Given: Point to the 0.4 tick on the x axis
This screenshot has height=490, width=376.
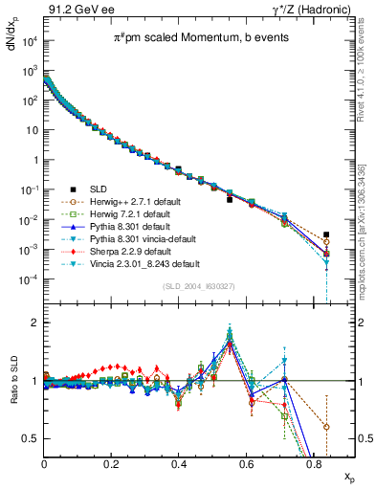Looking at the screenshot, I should coord(179,464).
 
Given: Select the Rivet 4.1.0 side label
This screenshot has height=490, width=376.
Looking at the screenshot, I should coord(359,67).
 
